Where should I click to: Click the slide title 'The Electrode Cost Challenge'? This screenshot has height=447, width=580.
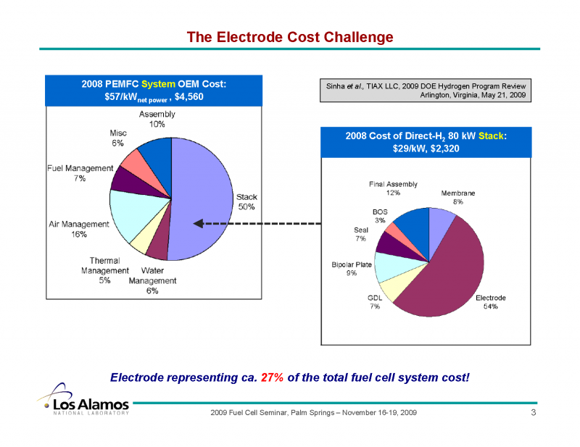[290, 37]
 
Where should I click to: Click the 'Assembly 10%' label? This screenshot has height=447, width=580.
[157, 120]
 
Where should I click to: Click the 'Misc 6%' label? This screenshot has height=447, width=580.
[118, 138]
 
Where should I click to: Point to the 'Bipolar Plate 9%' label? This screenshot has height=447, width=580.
[352, 269]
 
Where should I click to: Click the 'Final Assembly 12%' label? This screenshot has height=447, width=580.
[393, 188]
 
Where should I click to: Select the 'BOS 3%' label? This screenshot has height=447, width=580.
[380, 216]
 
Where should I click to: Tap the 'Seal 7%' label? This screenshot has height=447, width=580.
[360, 235]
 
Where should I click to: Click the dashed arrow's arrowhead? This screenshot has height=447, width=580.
[197, 223]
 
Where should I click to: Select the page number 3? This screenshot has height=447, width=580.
[533, 412]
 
